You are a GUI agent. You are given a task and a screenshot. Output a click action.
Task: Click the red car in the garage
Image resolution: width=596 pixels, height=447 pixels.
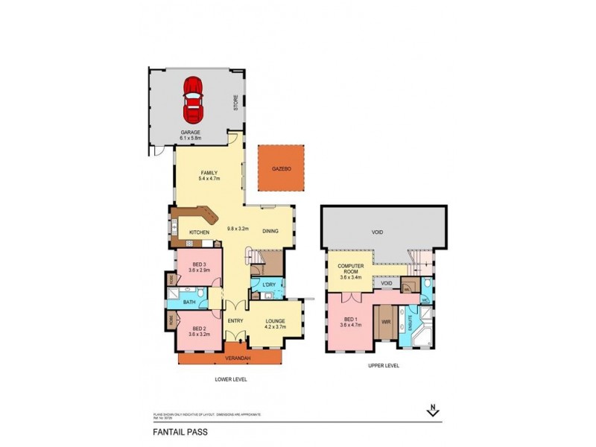pos(194,99)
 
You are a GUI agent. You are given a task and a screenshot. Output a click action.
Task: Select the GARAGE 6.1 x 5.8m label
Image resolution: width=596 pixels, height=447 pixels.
pos(191,135)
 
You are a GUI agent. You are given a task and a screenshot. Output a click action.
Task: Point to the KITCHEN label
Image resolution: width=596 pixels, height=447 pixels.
pos(199,232)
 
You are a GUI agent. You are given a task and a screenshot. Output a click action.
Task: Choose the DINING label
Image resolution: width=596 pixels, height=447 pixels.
pos(270,231)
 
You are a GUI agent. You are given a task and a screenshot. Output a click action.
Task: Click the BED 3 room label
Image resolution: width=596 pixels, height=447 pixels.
pos(199,267)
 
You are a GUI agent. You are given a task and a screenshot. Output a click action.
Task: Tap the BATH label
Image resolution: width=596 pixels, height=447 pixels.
pos(189,302)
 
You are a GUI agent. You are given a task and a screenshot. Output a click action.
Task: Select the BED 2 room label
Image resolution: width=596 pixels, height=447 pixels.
pos(199,332)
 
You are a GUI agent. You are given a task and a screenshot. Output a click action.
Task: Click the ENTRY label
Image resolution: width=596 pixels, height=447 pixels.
pos(236,321)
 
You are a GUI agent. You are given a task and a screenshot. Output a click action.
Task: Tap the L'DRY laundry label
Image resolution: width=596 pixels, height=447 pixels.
pos(270,287)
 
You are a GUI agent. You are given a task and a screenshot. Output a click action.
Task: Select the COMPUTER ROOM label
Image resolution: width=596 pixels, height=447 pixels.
pos(350,270)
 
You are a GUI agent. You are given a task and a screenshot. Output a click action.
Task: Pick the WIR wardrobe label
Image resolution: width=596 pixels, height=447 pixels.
pos(386,322)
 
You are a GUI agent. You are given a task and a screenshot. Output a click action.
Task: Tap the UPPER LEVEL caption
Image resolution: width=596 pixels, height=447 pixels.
pos(384,366)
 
